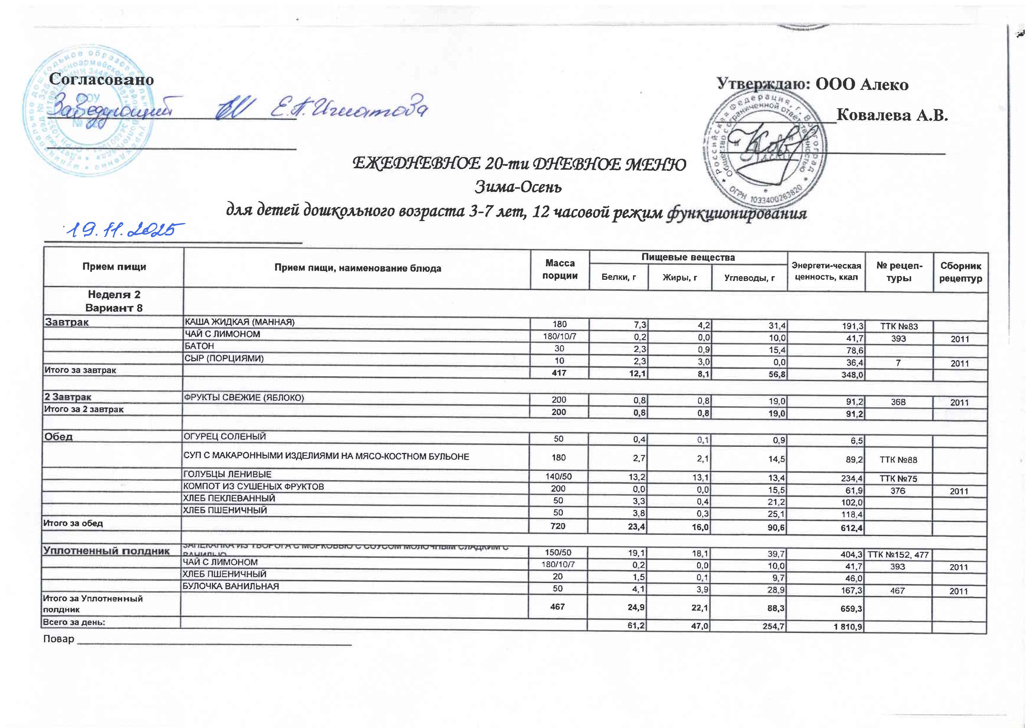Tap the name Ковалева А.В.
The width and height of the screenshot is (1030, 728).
coord(892,116)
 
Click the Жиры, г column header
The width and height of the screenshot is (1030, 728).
coord(680,278)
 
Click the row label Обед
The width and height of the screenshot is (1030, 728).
coord(58,437)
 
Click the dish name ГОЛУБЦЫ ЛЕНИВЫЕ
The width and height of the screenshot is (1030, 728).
coord(228,474)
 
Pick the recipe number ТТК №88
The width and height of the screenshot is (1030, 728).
coord(898,460)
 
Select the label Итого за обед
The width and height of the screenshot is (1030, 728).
coord(73,523)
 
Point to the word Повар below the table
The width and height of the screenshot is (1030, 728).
coord(58,639)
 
